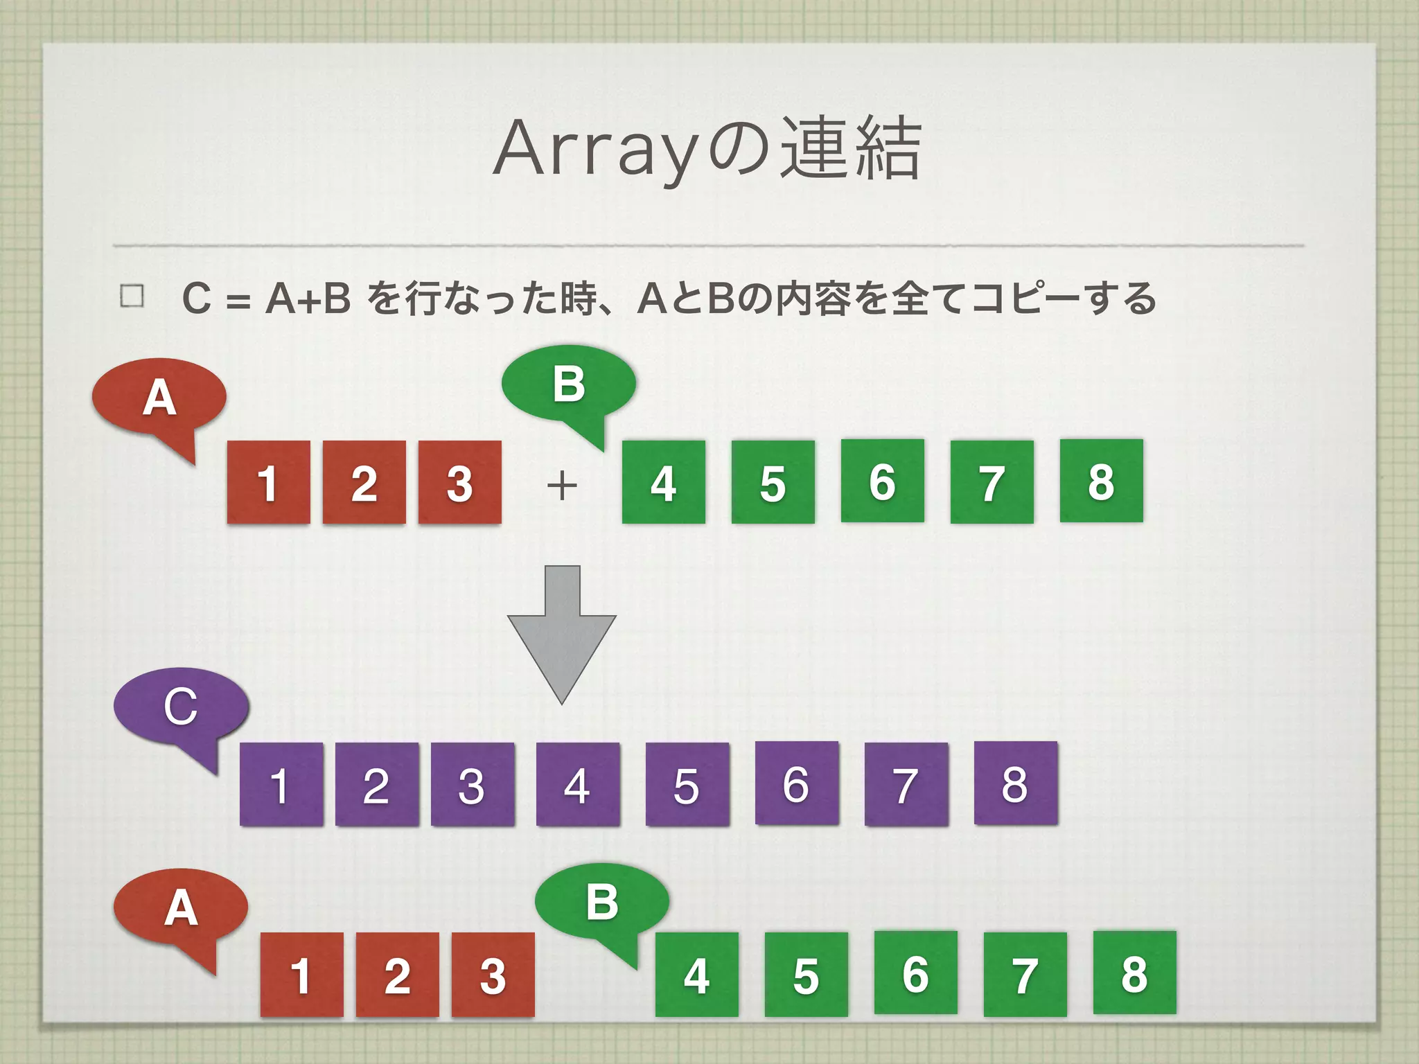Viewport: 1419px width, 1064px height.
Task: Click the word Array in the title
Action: click(592, 149)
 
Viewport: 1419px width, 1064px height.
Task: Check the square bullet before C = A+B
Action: click(132, 296)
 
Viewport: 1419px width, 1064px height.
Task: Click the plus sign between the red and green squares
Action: click(562, 484)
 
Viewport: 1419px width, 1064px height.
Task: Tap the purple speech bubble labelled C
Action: click(181, 707)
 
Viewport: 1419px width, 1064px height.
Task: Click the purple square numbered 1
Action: click(281, 784)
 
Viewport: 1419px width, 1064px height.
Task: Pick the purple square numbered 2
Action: click(377, 784)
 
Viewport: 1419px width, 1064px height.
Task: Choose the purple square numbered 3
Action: click(473, 784)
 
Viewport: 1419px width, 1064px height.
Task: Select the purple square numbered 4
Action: click(578, 784)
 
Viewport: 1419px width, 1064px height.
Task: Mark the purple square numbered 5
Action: click(687, 784)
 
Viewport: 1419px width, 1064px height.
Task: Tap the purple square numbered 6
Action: click(797, 783)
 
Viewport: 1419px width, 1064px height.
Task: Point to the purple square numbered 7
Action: click(906, 784)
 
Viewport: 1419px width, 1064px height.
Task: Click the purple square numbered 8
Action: click(1016, 783)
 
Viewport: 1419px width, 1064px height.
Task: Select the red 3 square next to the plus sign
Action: click(459, 482)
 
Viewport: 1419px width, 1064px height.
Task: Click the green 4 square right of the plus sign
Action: click(664, 482)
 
